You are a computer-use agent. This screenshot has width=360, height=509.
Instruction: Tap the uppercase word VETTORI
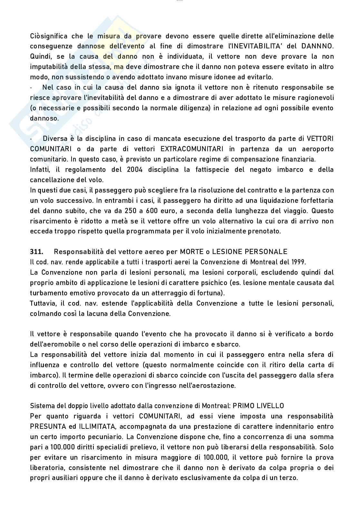point(320,139)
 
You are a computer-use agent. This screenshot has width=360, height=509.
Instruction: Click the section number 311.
point(36,251)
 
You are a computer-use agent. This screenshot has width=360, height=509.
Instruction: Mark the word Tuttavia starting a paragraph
point(42,303)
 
